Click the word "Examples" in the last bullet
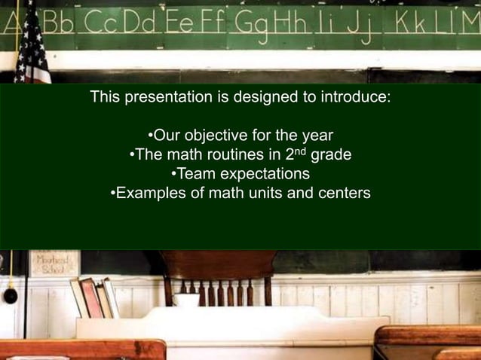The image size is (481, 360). coord(150,194)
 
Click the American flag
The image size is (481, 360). coord(30,45)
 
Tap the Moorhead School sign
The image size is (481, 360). coord(54,264)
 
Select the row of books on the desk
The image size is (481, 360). coord(94,297)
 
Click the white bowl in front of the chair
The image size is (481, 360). coord(185,299)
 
